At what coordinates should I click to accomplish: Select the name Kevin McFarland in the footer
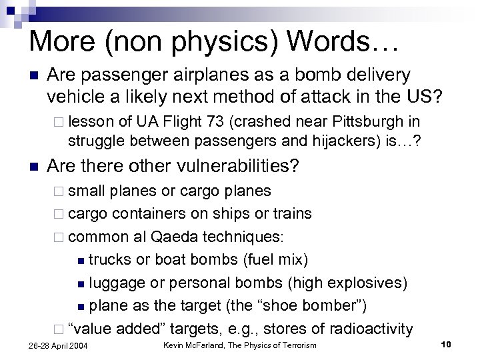tap(195, 345)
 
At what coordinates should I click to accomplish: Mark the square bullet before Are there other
tap(35, 166)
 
